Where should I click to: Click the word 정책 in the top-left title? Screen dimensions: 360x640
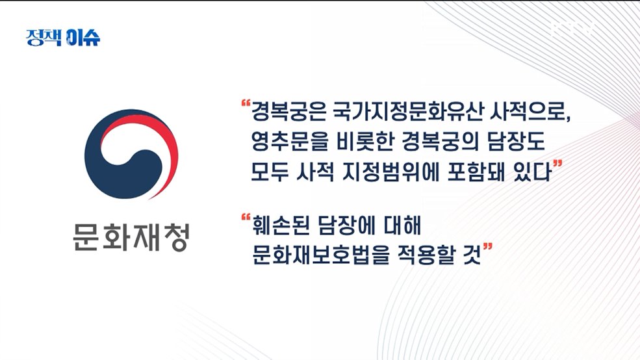coord(44,37)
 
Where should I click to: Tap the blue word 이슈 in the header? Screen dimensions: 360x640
coord(83,37)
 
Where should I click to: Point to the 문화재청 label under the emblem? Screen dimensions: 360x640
coord(130,238)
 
